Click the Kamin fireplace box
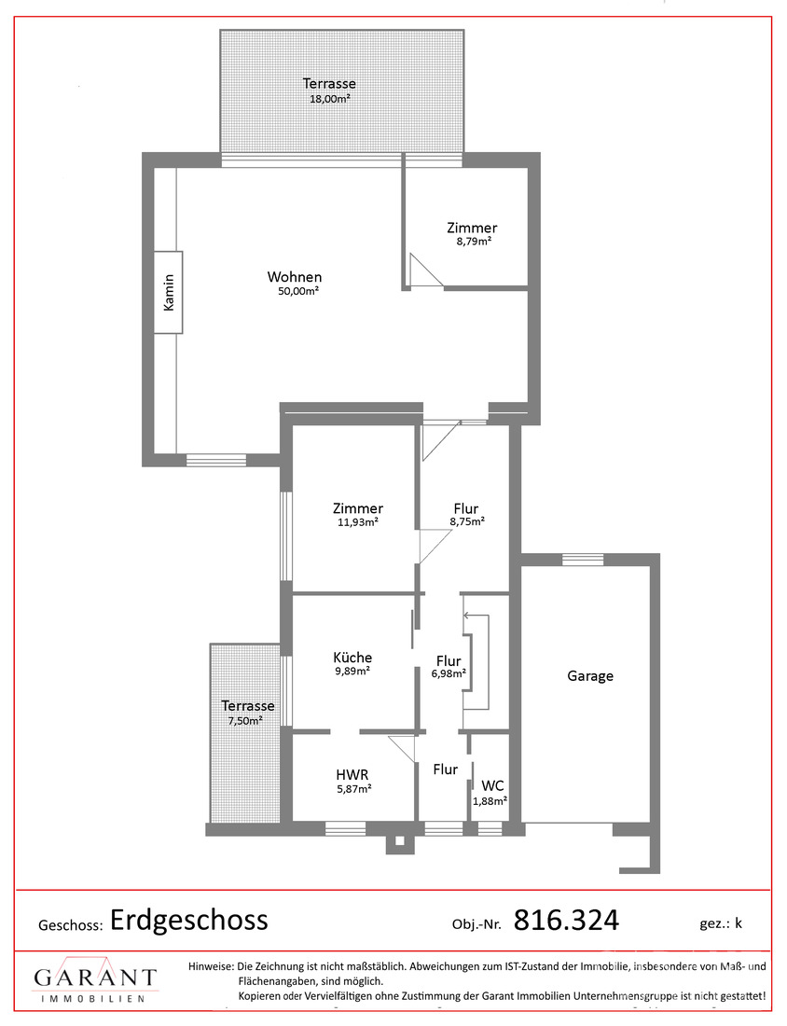168,292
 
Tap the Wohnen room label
295,277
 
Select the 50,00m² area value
298,291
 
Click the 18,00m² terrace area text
330,99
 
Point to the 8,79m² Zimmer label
472,228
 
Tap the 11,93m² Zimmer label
358,508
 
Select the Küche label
352,658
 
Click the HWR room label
352,775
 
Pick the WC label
492,786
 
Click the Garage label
590,676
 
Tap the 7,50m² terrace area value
245,720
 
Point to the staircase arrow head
466,615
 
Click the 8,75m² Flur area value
467,521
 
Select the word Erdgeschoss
189,920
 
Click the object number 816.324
566,920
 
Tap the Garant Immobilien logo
95,980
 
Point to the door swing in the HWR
402,749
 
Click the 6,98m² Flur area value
449,674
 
